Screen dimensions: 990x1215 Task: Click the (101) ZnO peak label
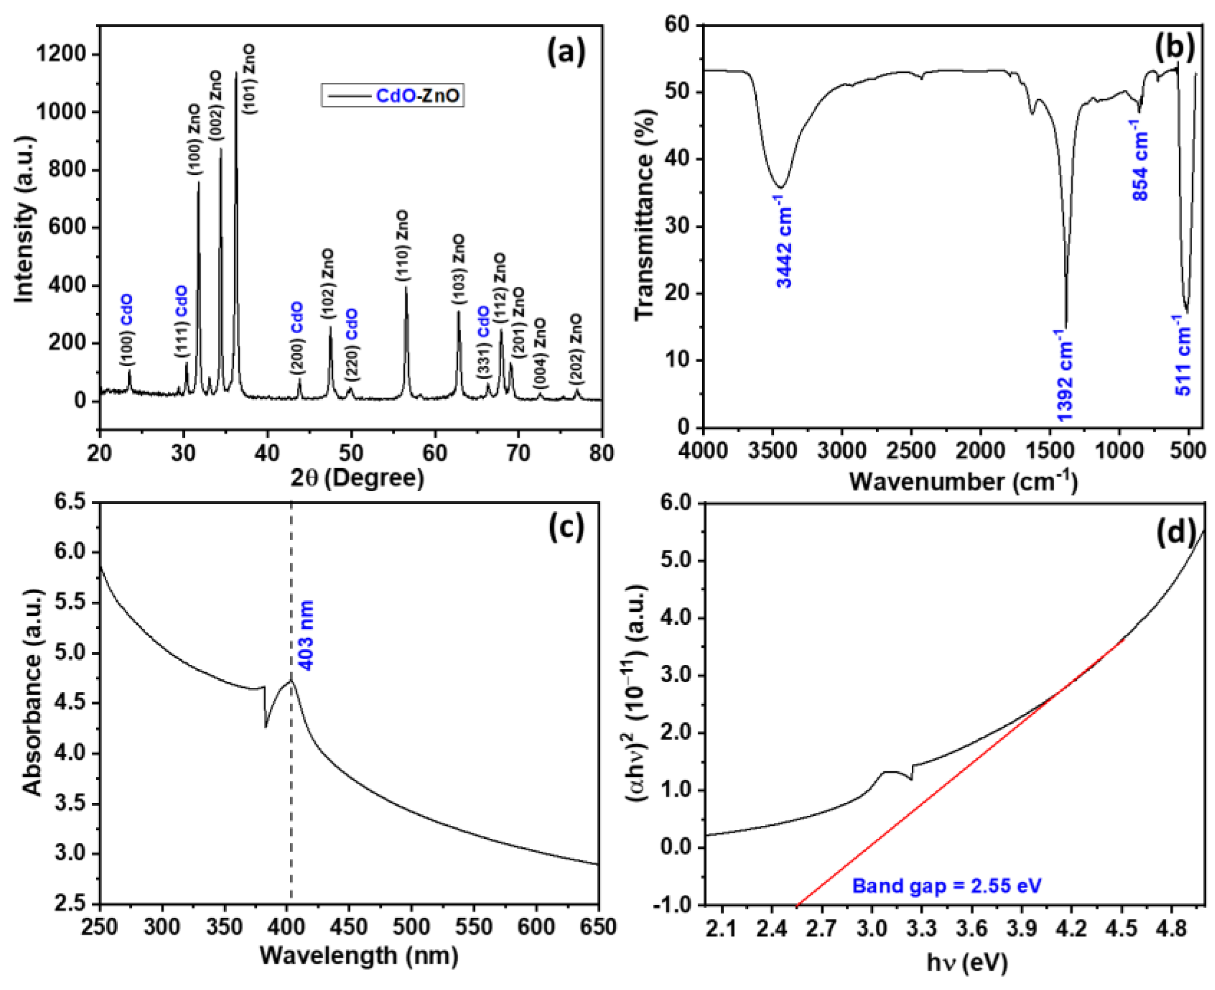pos(249,79)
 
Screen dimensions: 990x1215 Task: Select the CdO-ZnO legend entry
pos(392,95)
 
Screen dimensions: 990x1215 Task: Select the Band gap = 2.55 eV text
pos(947,886)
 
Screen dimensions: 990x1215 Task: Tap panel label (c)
pos(566,528)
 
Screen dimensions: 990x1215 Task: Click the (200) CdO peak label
pos(298,339)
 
